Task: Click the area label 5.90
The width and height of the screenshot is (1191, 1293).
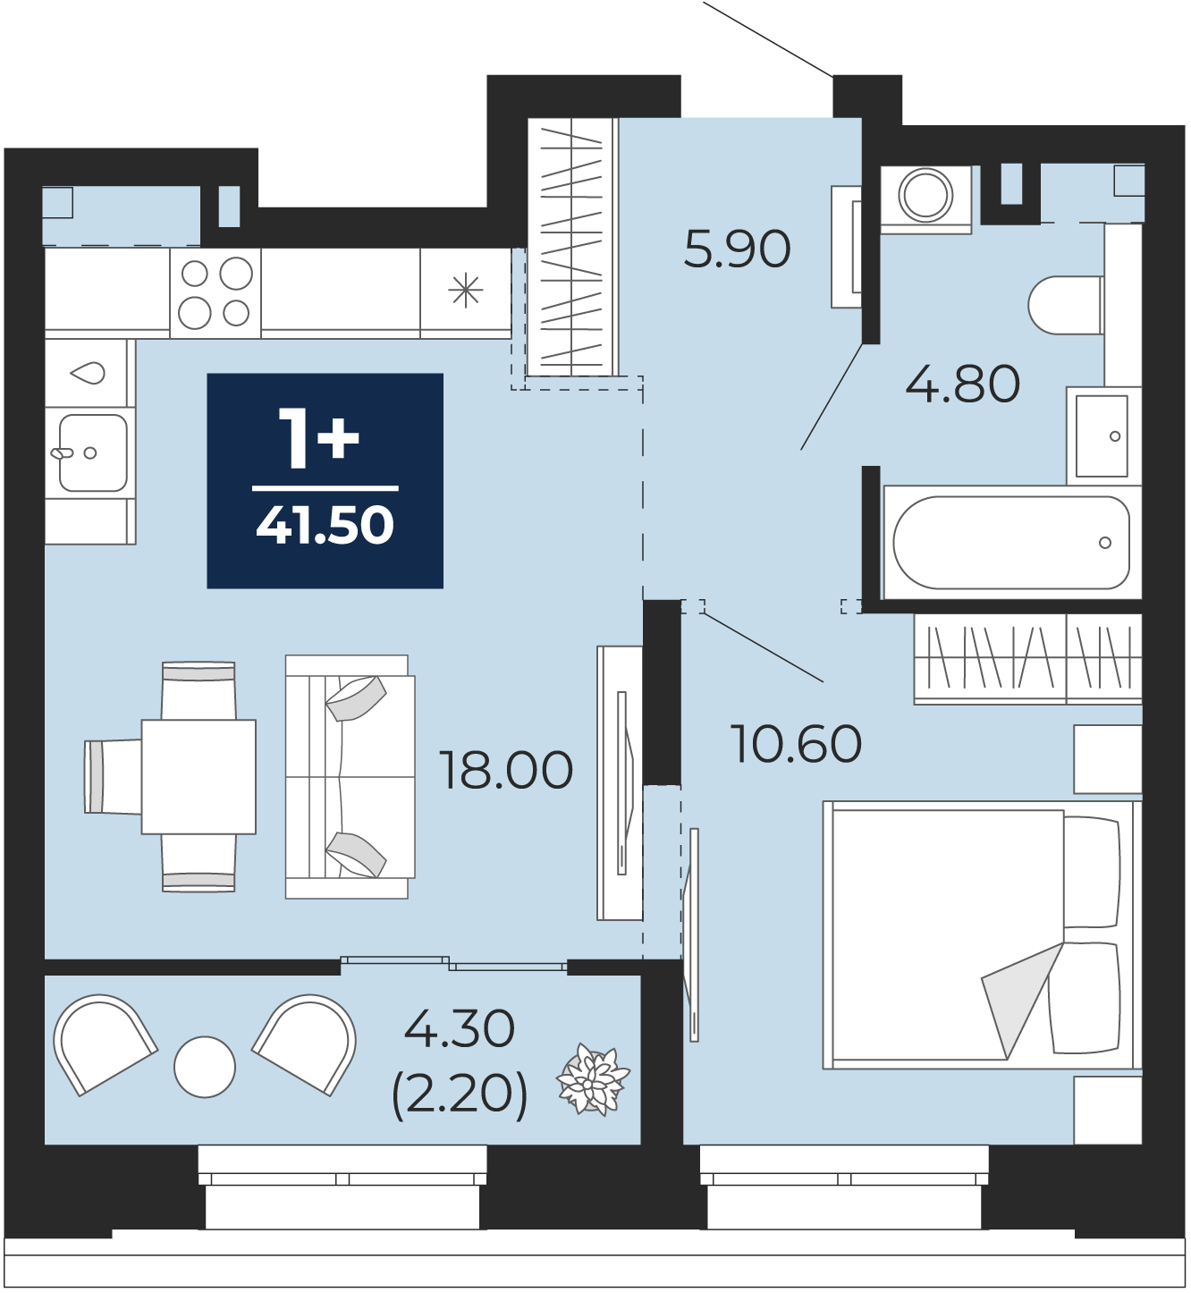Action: pos(737,249)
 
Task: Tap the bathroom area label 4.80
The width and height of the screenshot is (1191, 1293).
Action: pos(963,385)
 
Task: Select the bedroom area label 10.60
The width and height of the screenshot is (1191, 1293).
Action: pos(796,745)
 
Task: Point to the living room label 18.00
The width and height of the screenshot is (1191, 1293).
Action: pos(506,770)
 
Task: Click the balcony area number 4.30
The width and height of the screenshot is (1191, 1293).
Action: pos(460,1028)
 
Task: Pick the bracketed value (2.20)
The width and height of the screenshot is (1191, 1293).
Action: pos(460,1094)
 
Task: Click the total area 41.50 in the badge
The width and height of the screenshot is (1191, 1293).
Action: pos(325,525)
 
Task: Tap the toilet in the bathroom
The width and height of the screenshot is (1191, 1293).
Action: pos(1064,306)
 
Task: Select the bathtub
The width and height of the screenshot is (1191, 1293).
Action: pos(1011,543)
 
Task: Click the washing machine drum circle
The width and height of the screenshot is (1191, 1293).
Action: pos(925,194)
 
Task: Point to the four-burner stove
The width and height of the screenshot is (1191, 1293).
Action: pos(215,293)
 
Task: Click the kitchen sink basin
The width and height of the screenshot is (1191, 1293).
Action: pos(93,452)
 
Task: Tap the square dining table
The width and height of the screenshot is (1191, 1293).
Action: pos(198,777)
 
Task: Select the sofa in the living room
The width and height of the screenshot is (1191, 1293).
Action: pos(351,777)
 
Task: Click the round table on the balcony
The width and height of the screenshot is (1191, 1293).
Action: pos(205,1067)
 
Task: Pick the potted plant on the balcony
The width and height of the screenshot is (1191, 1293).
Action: pos(593,1079)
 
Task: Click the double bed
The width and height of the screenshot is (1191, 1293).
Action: pos(982,935)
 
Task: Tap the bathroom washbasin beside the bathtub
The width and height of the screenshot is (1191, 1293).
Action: pos(1104,435)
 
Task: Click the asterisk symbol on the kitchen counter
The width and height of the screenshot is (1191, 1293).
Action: pos(466,291)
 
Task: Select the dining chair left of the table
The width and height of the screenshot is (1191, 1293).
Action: pos(113,777)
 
